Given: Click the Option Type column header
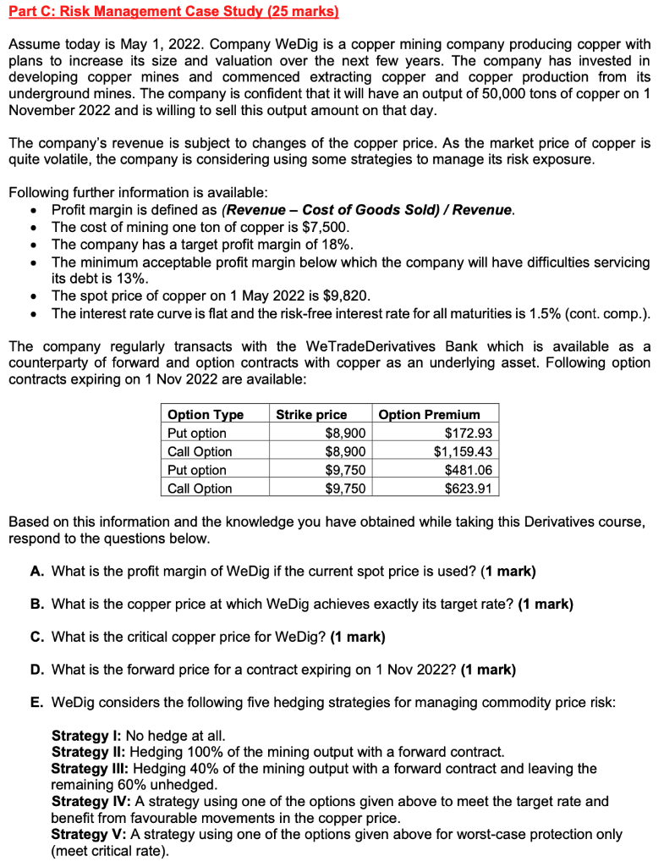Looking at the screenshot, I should (206, 415).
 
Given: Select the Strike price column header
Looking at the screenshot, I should (311, 415).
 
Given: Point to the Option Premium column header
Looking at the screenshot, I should (429, 415).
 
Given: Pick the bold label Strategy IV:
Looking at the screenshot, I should (94, 801).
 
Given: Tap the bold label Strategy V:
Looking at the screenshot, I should (92, 834).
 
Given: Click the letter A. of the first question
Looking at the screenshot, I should (36, 571).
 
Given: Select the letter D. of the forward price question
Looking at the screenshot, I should (36, 670).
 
